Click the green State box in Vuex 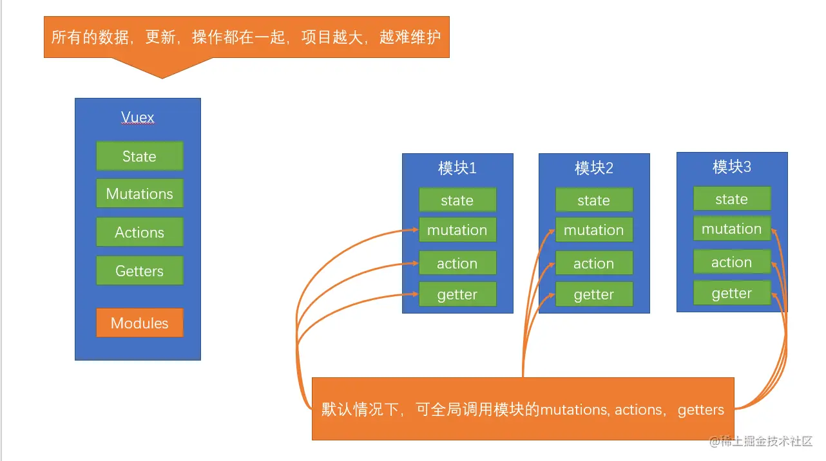tap(139, 156)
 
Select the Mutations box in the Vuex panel tap(139, 194)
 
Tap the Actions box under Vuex tap(139, 232)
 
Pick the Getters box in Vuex tap(139, 271)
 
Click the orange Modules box tap(139, 323)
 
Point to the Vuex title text tap(138, 118)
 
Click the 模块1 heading tap(457, 169)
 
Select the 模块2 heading tap(593, 169)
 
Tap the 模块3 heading tap(731, 167)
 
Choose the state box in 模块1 tap(457, 200)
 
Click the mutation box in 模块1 tap(457, 230)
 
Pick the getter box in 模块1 tap(457, 295)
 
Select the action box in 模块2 tap(593, 263)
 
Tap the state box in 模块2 tap(593, 200)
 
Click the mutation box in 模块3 tap(731, 229)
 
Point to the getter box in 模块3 tap(731, 294)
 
